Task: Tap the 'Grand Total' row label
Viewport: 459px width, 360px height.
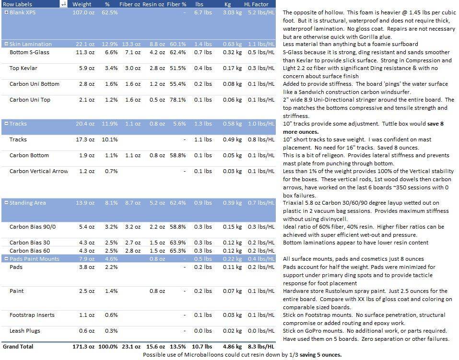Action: coord(18,346)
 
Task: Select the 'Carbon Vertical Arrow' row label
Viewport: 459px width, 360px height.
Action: coord(38,171)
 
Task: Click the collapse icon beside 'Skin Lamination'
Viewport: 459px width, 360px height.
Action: coord(6,44)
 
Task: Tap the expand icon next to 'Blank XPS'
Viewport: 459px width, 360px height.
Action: coord(6,12)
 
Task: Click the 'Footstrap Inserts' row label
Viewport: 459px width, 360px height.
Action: coord(32,315)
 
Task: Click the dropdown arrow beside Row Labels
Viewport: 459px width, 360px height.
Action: coord(63,4)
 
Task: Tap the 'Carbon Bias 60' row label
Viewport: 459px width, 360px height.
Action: coord(30,251)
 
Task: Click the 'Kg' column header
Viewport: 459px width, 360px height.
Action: coord(228,4)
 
